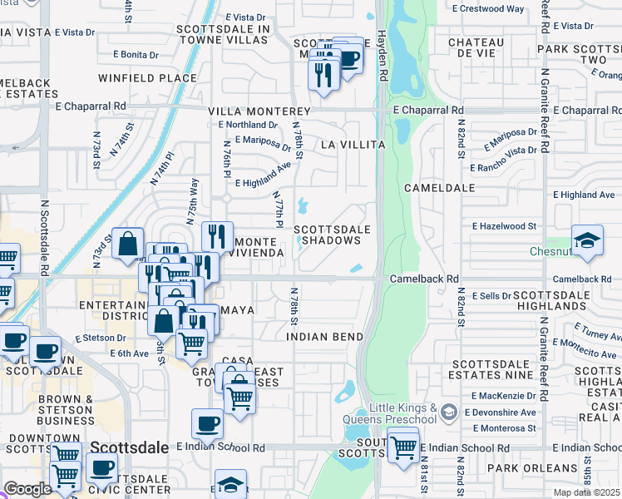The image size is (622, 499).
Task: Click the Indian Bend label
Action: pyautogui.click(x=324, y=337)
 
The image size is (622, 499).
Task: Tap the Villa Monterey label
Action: pyautogui.click(x=259, y=111)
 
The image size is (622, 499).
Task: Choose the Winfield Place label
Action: pyautogui.click(x=147, y=79)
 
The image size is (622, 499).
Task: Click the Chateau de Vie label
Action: pyautogui.click(x=476, y=48)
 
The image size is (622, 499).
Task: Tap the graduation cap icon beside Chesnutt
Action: pyautogui.click(x=586, y=238)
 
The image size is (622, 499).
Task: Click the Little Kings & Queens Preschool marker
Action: pyautogui.click(x=449, y=412)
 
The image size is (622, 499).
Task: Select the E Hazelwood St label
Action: pyautogui.click(x=505, y=225)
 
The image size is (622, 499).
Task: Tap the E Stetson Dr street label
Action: pyautogui.click(x=101, y=338)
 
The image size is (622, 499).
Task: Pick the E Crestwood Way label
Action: pyautogui.click(x=488, y=9)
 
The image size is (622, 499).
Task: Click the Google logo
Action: pyautogui.click(x=27, y=489)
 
